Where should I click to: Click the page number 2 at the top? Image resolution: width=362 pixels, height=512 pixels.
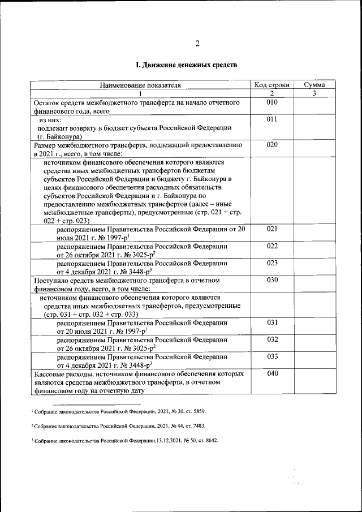197,44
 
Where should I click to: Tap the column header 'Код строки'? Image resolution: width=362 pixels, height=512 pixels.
272,85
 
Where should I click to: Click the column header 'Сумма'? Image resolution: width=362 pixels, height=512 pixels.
313,85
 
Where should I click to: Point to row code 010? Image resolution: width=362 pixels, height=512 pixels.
272,102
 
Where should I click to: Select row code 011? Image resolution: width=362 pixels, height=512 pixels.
272,120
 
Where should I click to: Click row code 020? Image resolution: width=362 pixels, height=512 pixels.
272,145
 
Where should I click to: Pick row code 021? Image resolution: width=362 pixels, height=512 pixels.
272,229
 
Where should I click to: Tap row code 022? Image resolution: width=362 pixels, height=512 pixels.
272,246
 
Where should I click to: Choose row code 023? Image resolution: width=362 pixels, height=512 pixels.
272,263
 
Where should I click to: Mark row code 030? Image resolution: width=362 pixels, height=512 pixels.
272,280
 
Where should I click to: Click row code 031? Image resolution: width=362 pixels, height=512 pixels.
272,322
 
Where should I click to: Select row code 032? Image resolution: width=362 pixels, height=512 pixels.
272,340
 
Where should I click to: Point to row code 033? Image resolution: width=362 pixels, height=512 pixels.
272,357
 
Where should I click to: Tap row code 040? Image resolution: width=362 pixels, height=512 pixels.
272,374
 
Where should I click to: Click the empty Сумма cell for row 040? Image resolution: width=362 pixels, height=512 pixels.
313,382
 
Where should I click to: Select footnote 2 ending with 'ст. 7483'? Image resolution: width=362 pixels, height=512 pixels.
119,425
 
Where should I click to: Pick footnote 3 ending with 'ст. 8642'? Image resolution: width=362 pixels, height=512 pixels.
124,440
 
